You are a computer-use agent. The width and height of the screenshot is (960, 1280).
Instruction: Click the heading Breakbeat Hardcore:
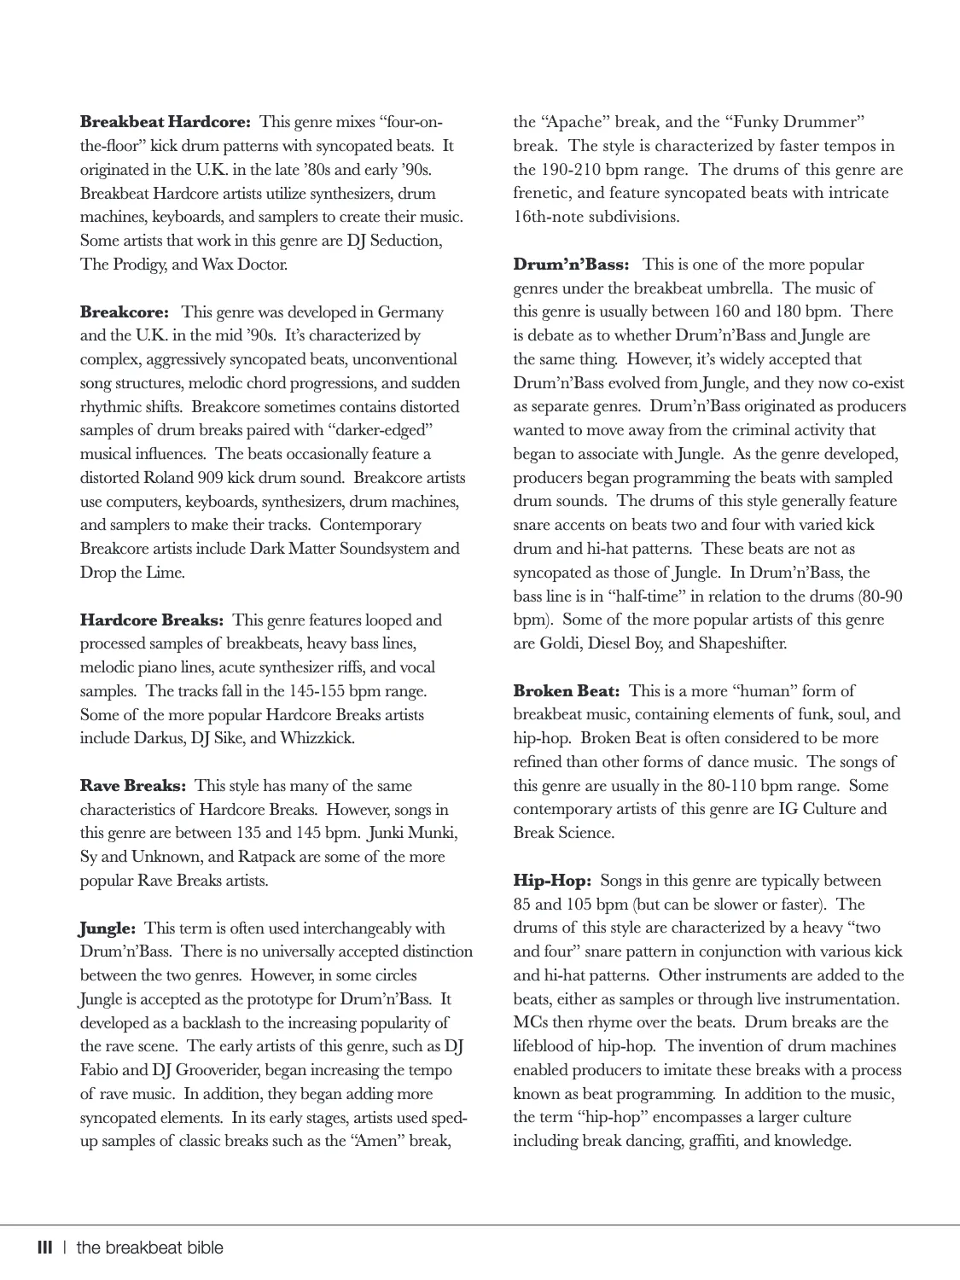(165, 122)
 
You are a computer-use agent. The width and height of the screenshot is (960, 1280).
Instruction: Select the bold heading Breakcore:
(125, 312)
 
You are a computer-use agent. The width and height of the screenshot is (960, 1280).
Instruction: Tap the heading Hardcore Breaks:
(152, 620)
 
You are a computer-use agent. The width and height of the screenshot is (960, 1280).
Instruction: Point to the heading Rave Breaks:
(133, 786)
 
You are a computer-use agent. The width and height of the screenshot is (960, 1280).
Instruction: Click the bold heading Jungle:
(108, 928)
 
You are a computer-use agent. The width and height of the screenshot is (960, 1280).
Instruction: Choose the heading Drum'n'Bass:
(571, 265)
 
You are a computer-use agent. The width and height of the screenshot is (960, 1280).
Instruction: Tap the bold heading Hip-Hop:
(552, 881)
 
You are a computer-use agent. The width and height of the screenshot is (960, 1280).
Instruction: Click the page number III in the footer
(45, 1248)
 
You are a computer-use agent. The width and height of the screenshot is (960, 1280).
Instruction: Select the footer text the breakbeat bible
(150, 1248)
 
